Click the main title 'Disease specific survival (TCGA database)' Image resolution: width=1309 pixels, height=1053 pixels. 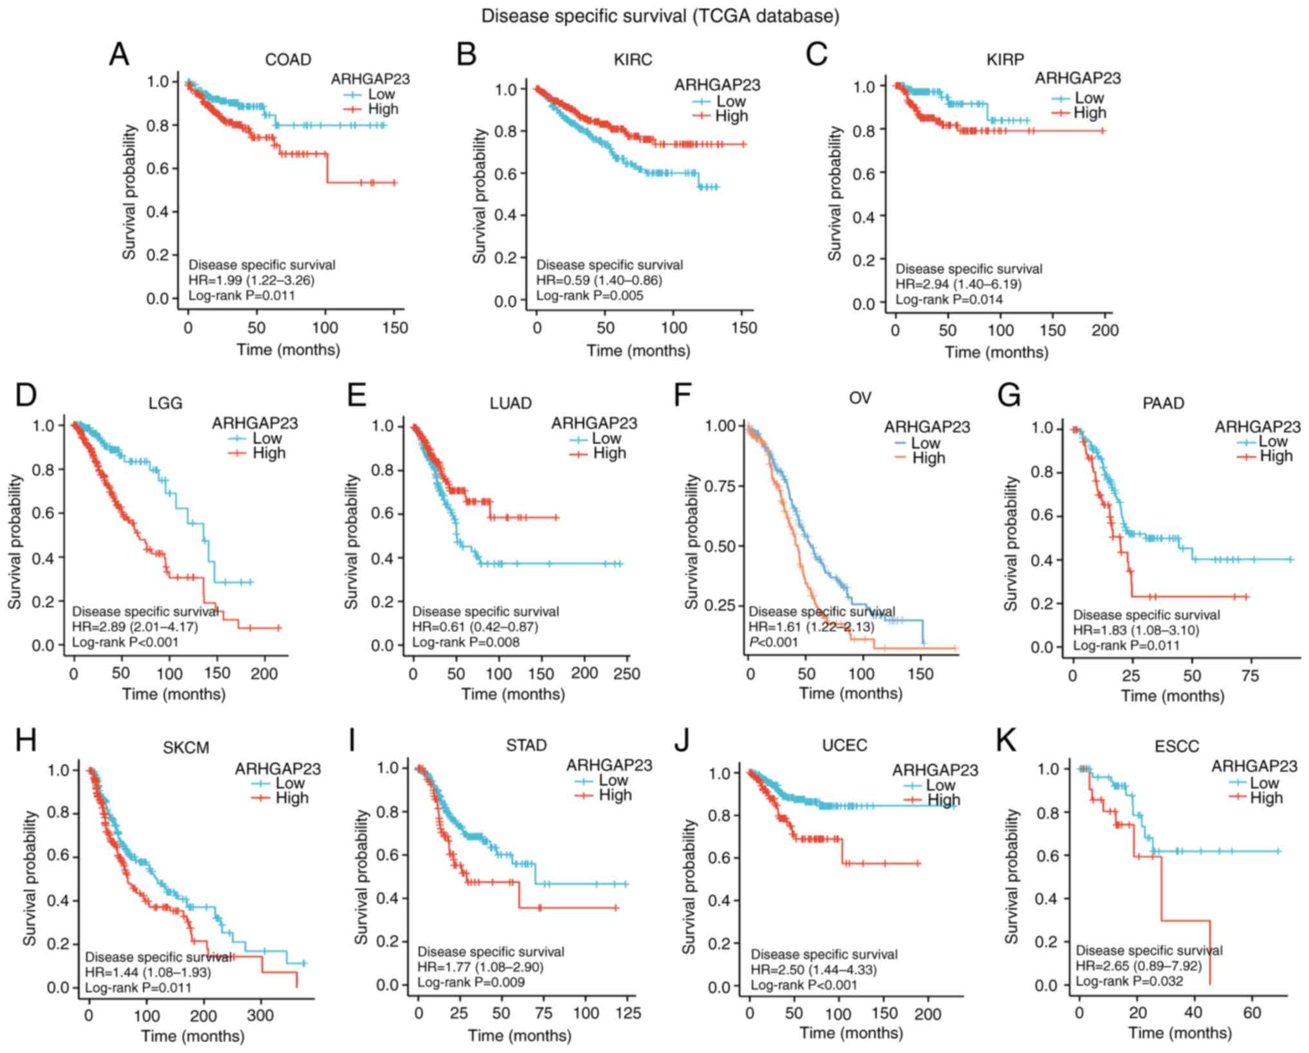pos(660,15)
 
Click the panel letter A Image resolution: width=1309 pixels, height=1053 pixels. pos(119,55)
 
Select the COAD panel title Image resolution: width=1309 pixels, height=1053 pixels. pos(288,60)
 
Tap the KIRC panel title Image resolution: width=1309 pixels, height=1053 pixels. pos(633,60)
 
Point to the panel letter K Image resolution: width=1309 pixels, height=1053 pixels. pos(1006,741)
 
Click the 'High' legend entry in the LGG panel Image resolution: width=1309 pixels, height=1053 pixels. pos(269,453)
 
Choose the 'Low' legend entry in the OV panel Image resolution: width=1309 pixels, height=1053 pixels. pos(926,443)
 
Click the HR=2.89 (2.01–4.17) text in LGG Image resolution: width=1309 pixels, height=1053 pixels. pos(135,627)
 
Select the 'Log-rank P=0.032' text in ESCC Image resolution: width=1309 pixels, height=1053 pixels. pos(1129,981)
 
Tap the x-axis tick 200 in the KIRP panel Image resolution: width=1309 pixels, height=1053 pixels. pos(1105,331)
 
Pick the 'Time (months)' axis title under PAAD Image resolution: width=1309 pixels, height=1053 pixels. pos(1172,696)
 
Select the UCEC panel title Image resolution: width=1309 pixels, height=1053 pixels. pos(845,745)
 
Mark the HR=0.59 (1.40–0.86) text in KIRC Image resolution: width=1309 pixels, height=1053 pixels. pos(599,281)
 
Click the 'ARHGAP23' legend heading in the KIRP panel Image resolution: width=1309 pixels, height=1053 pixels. pos(1078,79)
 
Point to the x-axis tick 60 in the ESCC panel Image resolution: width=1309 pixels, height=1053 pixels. pos(1252,1013)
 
